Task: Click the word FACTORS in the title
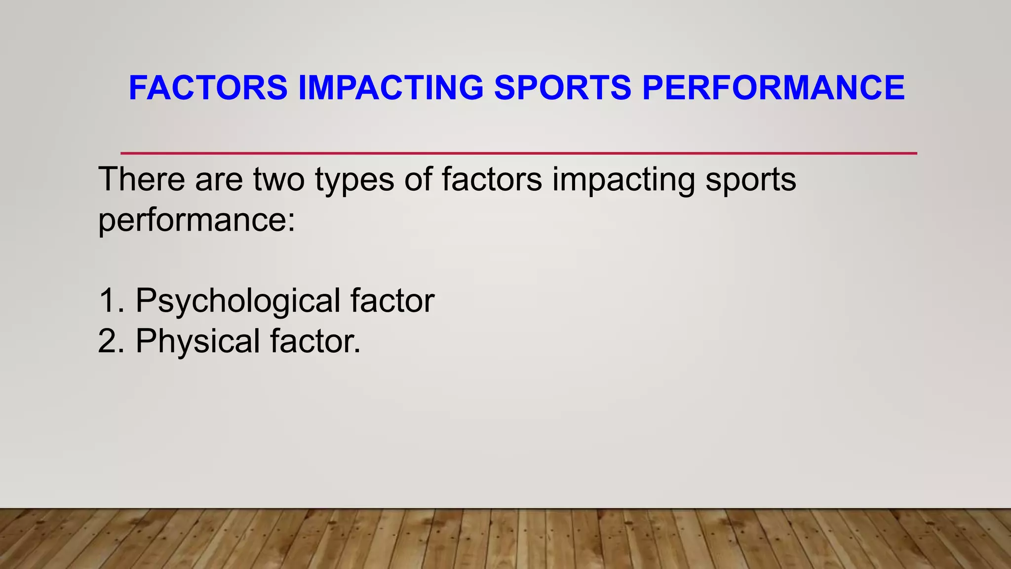pos(208,88)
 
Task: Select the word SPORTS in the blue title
pos(563,88)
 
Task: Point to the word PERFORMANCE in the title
pos(774,88)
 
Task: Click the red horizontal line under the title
pos(518,154)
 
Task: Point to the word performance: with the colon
pos(196,221)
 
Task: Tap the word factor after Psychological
pos(392,300)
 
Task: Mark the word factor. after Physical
pos(315,341)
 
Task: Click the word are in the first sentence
pos(219,180)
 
